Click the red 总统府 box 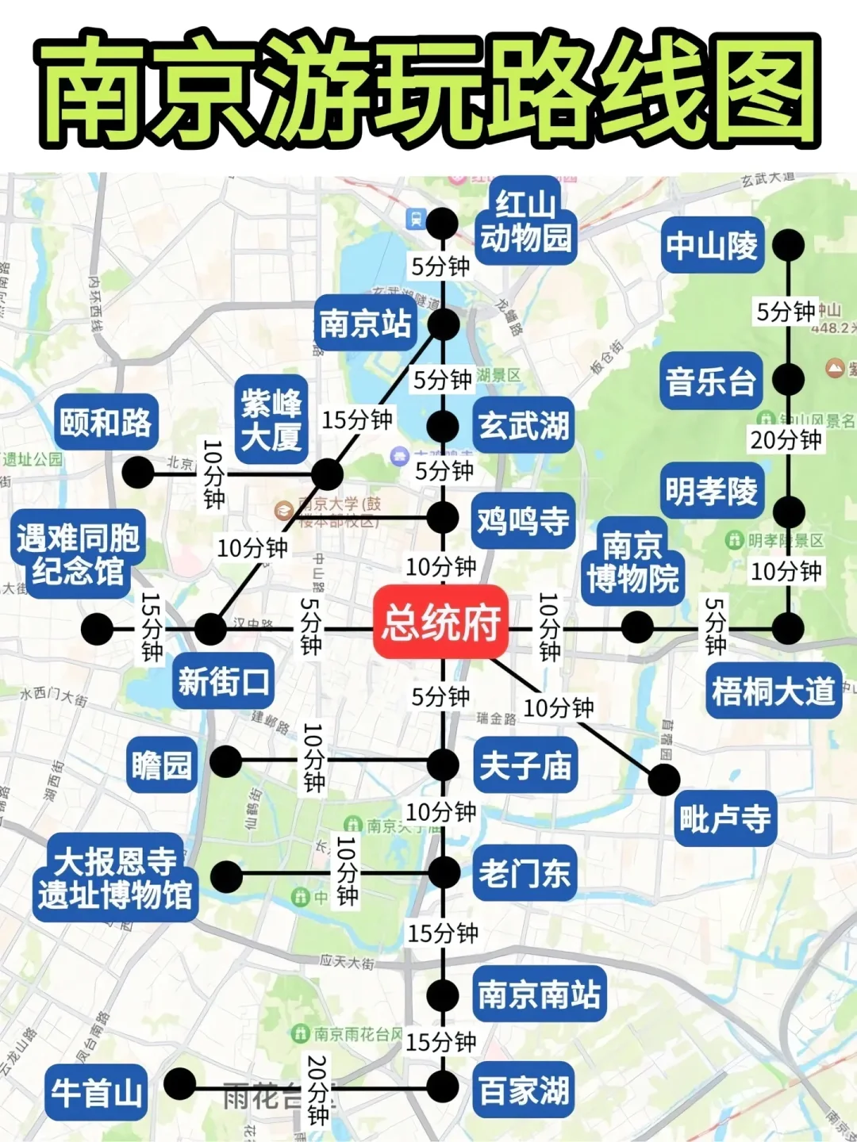[x=441, y=623]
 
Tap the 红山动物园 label [x=525, y=221]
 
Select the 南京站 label [x=365, y=323]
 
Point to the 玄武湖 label [x=524, y=426]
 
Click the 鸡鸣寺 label [x=523, y=521]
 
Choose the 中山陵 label [x=712, y=245]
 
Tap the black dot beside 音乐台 [x=788, y=380]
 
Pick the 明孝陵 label [x=712, y=492]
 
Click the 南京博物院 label [x=632, y=561]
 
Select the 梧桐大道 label [x=773, y=692]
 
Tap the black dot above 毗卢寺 [x=664, y=780]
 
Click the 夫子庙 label [x=525, y=765]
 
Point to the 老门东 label [x=525, y=874]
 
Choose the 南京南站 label [x=540, y=994]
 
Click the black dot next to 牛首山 [x=179, y=1084]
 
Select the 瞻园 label [x=162, y=765]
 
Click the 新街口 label [x=223, y=681]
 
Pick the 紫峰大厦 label [x=271, y=420]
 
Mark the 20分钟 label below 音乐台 [x=786, y=439]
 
